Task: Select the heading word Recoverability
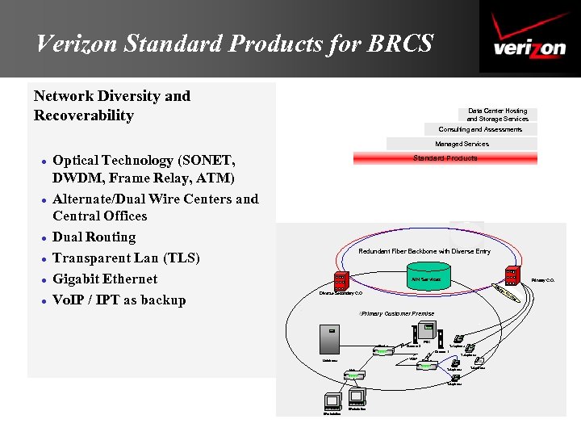pyautogui.click(x=84, y=115)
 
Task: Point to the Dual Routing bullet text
pyautogui.click(x=94, y=237)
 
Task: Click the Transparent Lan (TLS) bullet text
pyautogui.click(x=126, y=258)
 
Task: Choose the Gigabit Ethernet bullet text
pyautogui.click(x=105, y=279)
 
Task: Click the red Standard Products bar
pyautogui.click(x=445, y=158)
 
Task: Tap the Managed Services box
pyautogui.click(x=462, y=144)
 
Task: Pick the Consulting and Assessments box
pyautogui.click(x=480, y=129)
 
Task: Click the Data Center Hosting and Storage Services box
pyautogui.click(x=497, y=115)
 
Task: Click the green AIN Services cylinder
pyautogui.click(x=425, y=279)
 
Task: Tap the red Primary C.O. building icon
pyautogui.click(x=512, y=275)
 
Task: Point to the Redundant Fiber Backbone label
pyautogui.click(x=424, y=251)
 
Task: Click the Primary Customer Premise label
pyautogui.click(x=397, y=313)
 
